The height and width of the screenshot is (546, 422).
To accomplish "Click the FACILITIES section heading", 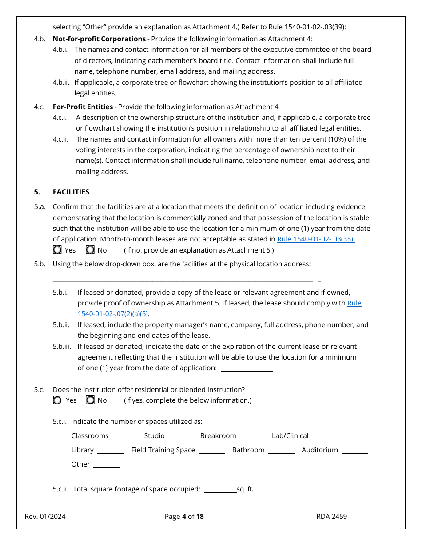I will (71, 192).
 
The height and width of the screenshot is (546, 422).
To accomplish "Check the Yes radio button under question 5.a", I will (57, 250).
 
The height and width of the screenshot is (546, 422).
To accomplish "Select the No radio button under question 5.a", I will (90, 250).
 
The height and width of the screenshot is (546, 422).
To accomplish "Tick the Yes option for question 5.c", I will (57, 400).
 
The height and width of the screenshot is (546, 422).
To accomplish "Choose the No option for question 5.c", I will (90, 400).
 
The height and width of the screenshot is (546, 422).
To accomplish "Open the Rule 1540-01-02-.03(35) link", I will (316, 239).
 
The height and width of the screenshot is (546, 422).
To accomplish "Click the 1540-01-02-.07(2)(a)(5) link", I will (113, 314).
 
